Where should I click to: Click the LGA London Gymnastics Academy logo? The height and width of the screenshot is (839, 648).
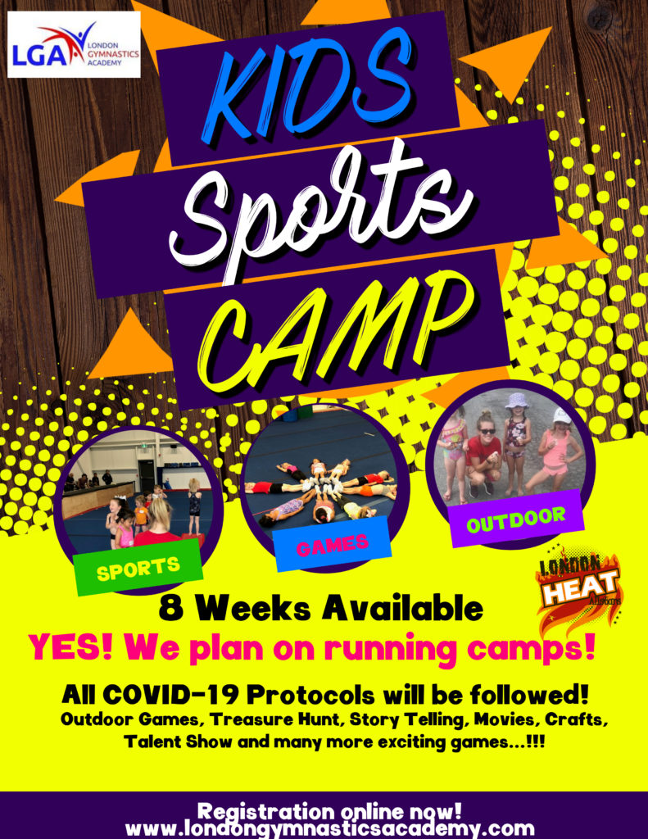click(74, 45)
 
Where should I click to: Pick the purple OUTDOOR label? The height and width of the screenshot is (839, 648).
click(516, 519)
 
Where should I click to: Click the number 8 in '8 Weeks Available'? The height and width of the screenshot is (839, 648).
click(170, 609)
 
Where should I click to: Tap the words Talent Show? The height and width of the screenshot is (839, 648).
click(178, 742)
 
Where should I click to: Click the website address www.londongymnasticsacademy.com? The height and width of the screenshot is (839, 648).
click(330, 828)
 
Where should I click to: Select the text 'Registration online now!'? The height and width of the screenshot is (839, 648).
click(329, 811)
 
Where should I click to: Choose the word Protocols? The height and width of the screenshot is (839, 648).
click(310, 696)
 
